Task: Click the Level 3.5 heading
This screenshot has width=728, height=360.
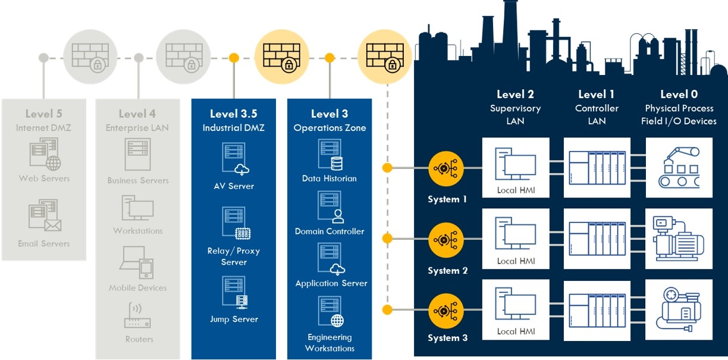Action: tap(234, 114)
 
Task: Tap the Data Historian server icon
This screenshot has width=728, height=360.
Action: tap(330, 155)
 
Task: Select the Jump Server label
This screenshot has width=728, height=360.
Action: tap(234, 320)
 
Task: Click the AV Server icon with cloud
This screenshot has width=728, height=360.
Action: tap(234, 159)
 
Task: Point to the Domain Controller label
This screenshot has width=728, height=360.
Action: tap(330, 231)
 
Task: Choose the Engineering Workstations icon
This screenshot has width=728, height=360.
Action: tap(330, 312)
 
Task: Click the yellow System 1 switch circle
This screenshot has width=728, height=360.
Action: tap(445, 168)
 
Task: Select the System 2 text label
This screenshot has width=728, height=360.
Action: tap(447, 271)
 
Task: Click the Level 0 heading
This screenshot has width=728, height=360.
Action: tap(679, 95)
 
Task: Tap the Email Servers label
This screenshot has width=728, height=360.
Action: tap(44, 244)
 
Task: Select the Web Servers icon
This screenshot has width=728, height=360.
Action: tap(44, 152)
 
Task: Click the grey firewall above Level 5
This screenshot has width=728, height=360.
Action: tap(90, 58)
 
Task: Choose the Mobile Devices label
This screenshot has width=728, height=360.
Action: tap(138, 288)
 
